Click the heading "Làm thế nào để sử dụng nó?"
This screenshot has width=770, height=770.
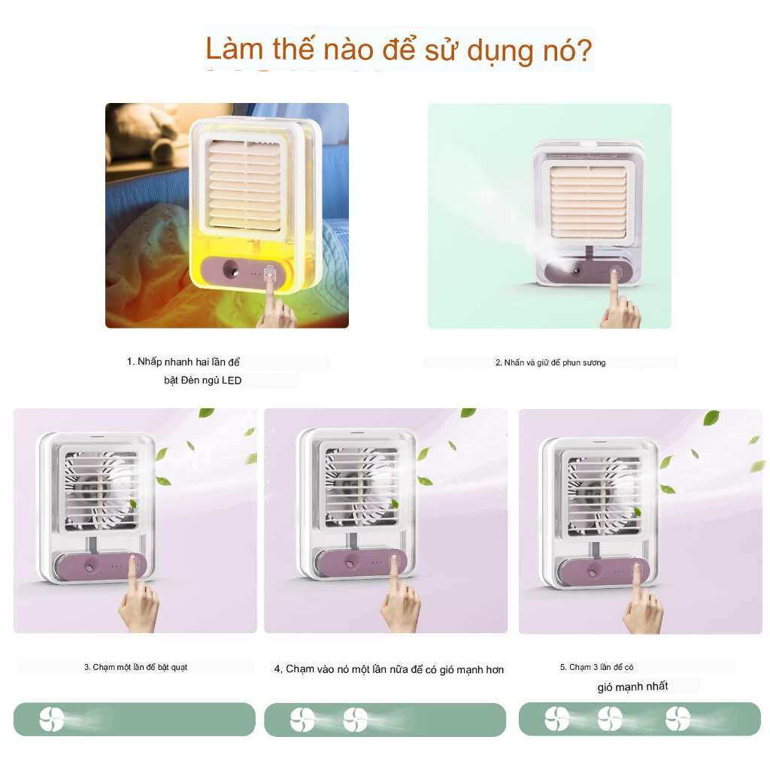coord(399,50)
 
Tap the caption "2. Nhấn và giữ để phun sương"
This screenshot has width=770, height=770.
coord(550,362)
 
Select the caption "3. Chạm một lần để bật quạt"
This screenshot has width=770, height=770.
coord(135,667)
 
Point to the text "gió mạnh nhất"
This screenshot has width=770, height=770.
coord(632,687)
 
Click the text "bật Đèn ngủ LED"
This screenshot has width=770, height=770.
coord(203,380)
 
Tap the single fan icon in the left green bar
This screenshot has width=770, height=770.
coord(52,720)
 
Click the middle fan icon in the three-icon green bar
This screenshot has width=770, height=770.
coord(610,720)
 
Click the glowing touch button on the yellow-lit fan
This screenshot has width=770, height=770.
coord(269,275)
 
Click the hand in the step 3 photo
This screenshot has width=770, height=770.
coord(138,602)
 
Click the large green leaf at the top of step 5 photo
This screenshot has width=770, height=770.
coord(711,417)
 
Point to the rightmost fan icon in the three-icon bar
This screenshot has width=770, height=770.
coord(677,720)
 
